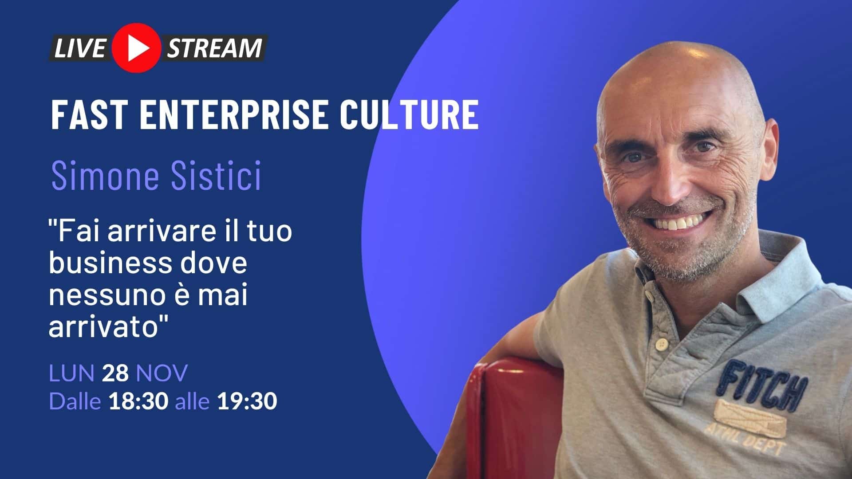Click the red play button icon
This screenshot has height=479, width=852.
coord(136,48)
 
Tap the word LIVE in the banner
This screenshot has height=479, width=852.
coord(79,48)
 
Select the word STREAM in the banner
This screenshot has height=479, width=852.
coord(214,48)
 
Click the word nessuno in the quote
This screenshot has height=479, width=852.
coord(105,295)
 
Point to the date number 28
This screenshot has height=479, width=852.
coord(115,373)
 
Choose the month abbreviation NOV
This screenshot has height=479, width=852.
coord(162,373)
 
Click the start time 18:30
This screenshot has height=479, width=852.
coord(138,401)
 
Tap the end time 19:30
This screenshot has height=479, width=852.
coord(247,401)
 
